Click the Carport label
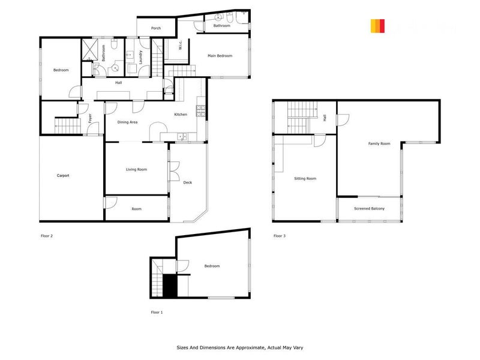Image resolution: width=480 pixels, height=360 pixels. (63, 176)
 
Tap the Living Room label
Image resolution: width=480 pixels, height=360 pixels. (136, 170)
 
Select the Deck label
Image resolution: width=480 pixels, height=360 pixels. (187, 183)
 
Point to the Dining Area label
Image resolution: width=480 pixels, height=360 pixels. (127, 122)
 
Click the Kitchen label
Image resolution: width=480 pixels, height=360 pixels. (181, 115)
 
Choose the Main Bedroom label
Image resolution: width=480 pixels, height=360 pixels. (220, 56)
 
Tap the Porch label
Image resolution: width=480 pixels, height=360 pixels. (156, 28)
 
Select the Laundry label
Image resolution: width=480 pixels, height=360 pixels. (140, 56)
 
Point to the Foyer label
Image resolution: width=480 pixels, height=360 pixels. (90, 118)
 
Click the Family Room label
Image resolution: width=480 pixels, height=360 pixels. (379, 143)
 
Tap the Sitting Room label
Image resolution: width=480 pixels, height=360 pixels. (305, 179)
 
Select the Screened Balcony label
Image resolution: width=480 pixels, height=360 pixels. (369, 209)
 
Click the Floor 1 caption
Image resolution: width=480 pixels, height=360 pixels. (157, 313)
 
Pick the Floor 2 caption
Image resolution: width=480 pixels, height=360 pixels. (47, 236)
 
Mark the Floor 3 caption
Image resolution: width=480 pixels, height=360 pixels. (280, 236)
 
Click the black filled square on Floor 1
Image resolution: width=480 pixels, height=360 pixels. (170, 286)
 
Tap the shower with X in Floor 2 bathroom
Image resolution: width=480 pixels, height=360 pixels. (91, 49)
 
